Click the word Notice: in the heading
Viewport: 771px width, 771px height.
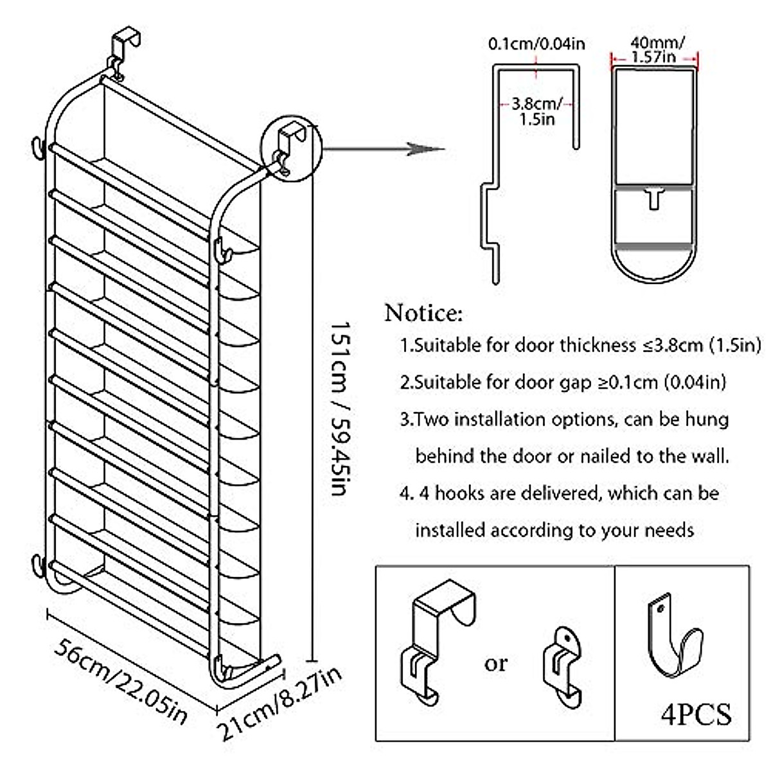(x=423, y=314)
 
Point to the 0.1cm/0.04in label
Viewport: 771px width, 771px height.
(x=536, y=44)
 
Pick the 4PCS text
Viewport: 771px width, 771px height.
(x=696, y=714)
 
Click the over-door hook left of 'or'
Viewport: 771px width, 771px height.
(x=437, y=642)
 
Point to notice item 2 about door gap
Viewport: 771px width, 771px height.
(x=562, y=382)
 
